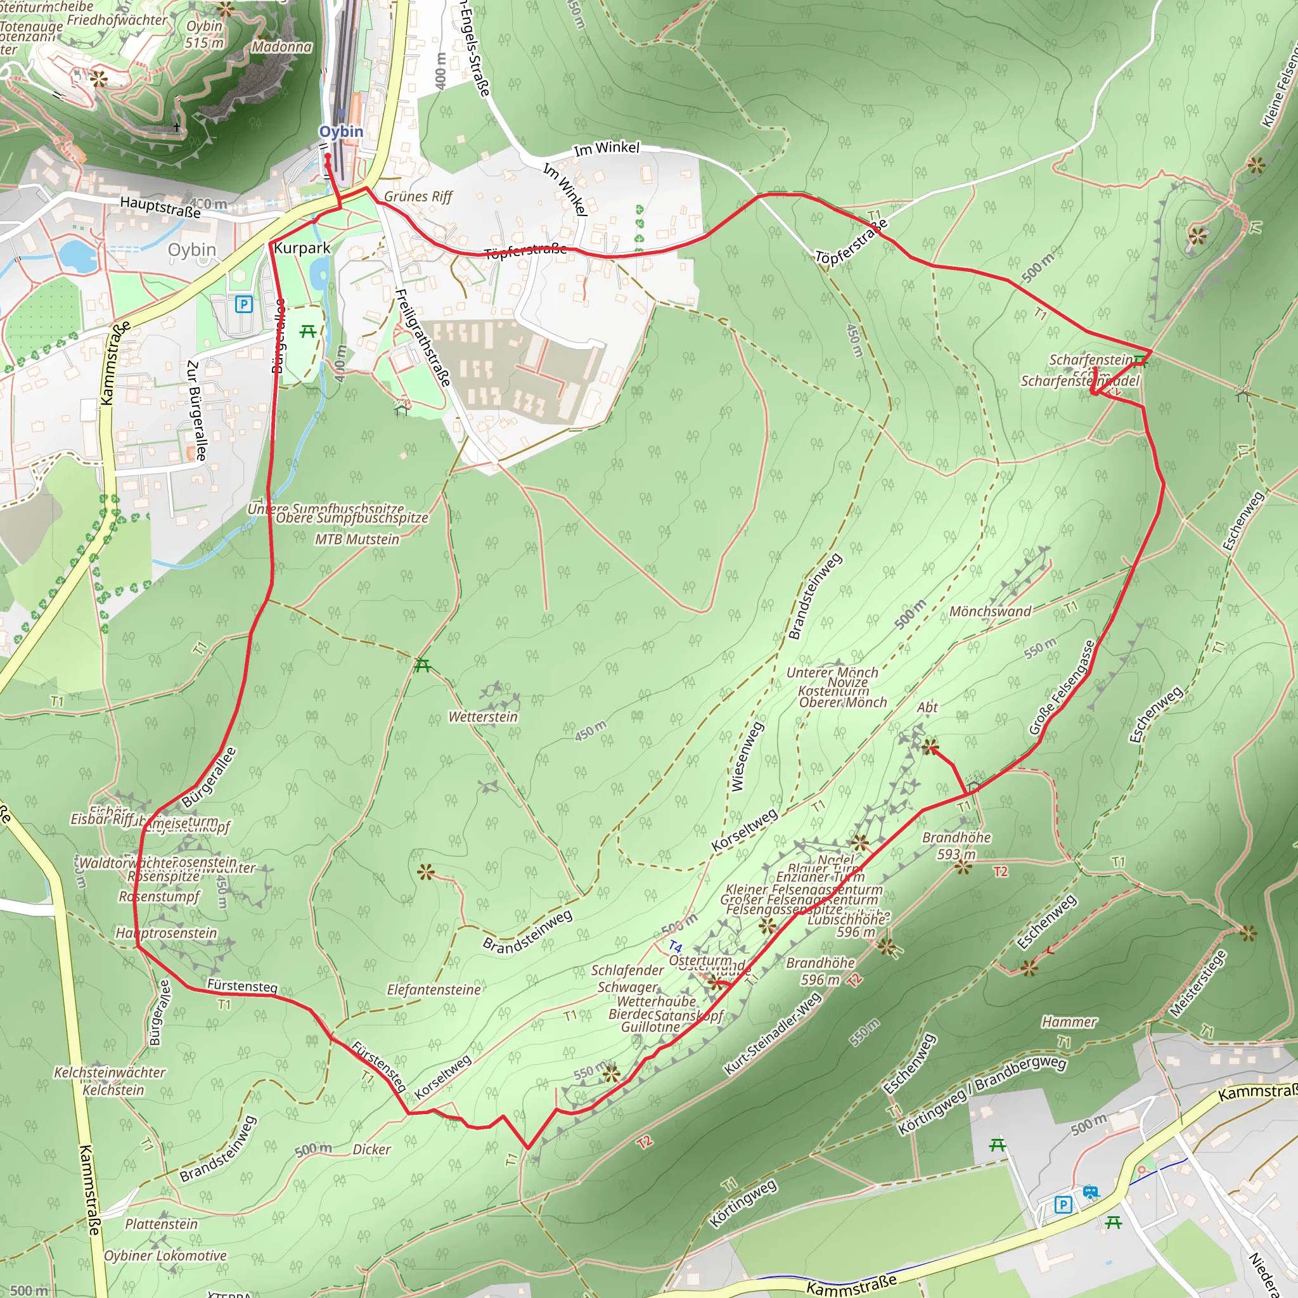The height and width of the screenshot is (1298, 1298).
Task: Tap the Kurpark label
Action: pyautogui.click(x=302, y=248)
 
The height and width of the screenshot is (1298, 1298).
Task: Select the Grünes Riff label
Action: pyautogui.click(x=418, y=196)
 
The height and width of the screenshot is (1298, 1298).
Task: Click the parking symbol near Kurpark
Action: pyautogui.click(x=243, y=304)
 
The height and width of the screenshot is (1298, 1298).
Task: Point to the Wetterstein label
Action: pyautogui.click(x=483, y=717)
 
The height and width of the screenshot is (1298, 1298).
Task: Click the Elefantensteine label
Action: pyautogui.click(x=434, y=989)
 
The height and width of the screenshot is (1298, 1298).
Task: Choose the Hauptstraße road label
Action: pyautogui.click(x=160, y=206)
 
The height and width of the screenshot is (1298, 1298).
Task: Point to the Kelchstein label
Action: pyautogui.click(x=113, y=1089)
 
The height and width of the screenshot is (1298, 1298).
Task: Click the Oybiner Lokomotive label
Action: pyautogui.click(x=165, y=1255)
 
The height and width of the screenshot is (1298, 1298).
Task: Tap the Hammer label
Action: pyautogui.click(x=1069, y=1022)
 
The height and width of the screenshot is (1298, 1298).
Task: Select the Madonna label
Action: pyautogui.click(x=281, y=47)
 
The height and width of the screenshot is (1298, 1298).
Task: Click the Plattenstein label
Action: pyautogui.click(x=161, y=1223)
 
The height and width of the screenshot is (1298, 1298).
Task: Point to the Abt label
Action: pyautogui.click(x=927, y=707)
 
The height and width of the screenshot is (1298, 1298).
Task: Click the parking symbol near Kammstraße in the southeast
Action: pyautogui.click(x=1062, y=1205)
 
